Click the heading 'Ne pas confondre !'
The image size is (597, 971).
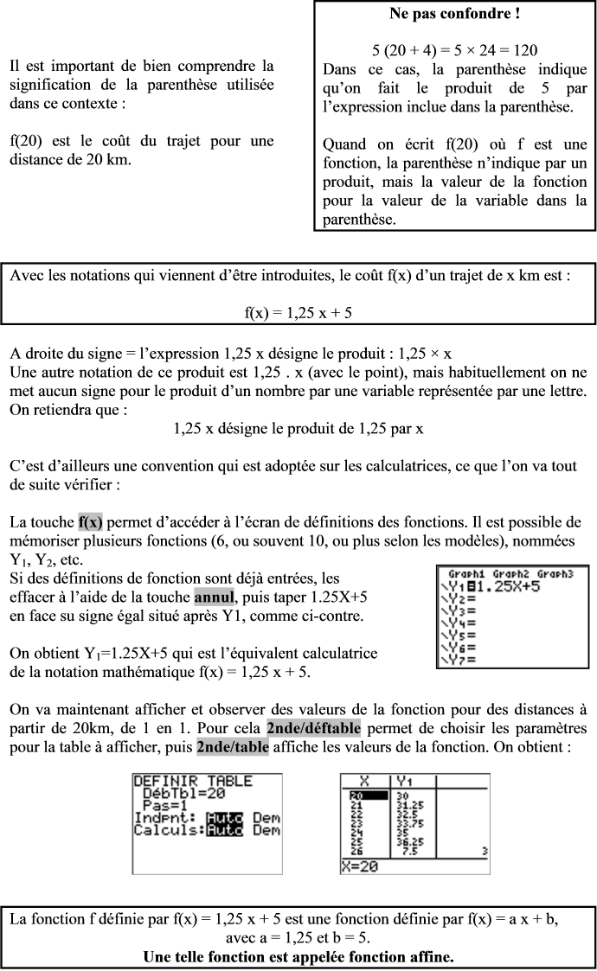[455, 15]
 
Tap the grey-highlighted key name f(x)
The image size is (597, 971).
[90, 522]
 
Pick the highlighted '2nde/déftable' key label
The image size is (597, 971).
[313, 725]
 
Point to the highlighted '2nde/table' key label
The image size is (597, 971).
[233, 745]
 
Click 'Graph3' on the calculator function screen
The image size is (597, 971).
[553, 574]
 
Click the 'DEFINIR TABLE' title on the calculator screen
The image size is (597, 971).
[193, 781]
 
